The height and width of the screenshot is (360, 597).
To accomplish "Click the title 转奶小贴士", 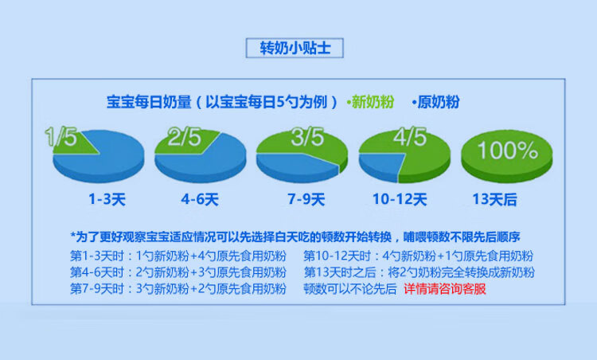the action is [x=295, y=48].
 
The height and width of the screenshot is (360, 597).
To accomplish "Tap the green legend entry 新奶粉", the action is [x=370, y=102].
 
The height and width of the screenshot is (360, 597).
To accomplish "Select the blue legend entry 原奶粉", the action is [x=436, y=102].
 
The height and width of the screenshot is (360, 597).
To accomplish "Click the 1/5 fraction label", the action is [x=61, y=136].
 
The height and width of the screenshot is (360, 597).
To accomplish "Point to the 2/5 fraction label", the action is [x=185, y=136].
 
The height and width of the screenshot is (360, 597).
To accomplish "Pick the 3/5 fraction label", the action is [x=307, y=136].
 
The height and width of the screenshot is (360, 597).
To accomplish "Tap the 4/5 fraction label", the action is [x=410, y=136].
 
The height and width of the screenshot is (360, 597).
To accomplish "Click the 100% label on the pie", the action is [x=508, y=150].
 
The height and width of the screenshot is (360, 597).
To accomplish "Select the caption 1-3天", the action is [x=107, y=199].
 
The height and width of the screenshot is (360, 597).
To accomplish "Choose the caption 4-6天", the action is [x=200, y=199].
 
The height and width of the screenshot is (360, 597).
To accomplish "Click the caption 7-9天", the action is [x=306, y=199].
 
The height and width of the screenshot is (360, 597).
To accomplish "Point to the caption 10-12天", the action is [x=400, y=199].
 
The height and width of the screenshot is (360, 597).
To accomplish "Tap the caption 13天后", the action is [x=494, y=199].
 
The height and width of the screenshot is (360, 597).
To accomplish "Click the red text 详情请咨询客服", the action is [x=445, y=289].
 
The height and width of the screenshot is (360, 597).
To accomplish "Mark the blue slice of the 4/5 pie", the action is [x=380, y=166].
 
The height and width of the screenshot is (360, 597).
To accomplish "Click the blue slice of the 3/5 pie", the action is [x=295, y=166].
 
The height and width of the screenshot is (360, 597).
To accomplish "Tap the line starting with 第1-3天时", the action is [x=178, y=256].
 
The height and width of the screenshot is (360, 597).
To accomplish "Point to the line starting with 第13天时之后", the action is [x=419, y=272].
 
